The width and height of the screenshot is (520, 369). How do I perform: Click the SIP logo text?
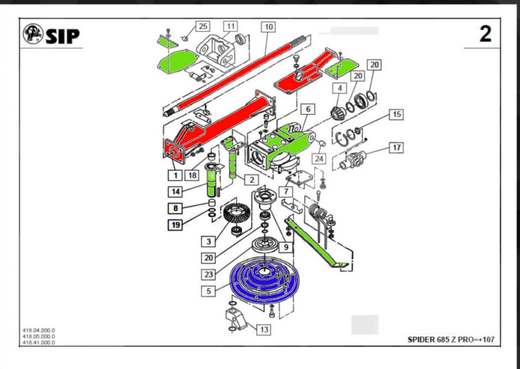[62, 36]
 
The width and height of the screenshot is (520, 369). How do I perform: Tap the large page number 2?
[485, 35]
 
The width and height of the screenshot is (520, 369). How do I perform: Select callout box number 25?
[203, 25]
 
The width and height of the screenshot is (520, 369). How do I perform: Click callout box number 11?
[231, 25]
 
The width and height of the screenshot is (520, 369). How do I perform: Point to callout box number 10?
[268, 25]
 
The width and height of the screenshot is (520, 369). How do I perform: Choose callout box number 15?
[396, 114]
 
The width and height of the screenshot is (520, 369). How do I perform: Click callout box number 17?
[396, 148]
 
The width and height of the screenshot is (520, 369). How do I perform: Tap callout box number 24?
[318, 159]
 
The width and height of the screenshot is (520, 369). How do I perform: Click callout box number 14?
[175, 191]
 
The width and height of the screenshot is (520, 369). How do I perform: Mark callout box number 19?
[175, 224]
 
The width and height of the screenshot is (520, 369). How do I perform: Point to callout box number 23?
[209, 275]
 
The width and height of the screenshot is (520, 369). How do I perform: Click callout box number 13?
[264, 329]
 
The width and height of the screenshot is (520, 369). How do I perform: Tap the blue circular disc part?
[264, 282]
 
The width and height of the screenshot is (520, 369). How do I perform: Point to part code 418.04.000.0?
[39, 330]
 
